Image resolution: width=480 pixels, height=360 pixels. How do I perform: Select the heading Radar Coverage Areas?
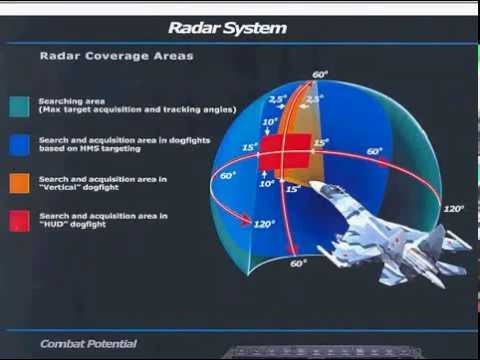(116, 56)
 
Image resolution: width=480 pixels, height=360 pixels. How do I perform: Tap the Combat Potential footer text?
(88, 344)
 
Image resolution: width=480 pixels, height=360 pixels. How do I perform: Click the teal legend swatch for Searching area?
(18, 106)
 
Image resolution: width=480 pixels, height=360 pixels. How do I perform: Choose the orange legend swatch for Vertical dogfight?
(18, 183)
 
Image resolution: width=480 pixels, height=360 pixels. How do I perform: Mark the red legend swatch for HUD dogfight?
(18, 220)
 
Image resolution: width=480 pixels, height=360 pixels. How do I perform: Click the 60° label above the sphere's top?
(319, 75)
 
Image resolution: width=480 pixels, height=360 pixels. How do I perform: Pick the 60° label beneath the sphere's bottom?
(297, 264)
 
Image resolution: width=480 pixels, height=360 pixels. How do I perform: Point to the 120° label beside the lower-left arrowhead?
(266, 224)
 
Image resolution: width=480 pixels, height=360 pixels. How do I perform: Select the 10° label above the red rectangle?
(267, 122)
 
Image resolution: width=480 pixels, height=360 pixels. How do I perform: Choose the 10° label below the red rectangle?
(267, 183)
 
